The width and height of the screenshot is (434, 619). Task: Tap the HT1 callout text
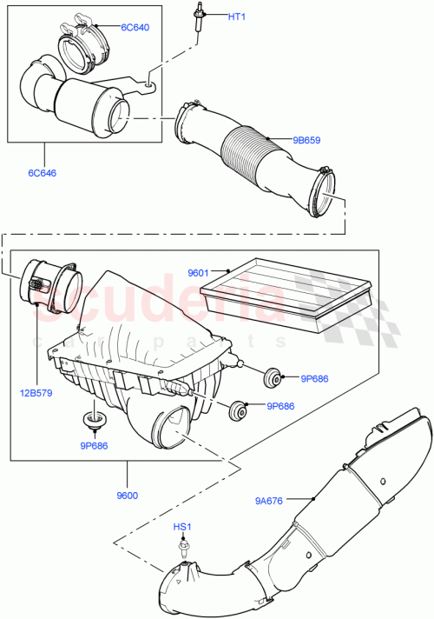pos(237,17)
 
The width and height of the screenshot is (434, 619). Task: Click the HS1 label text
pos(184,528)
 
